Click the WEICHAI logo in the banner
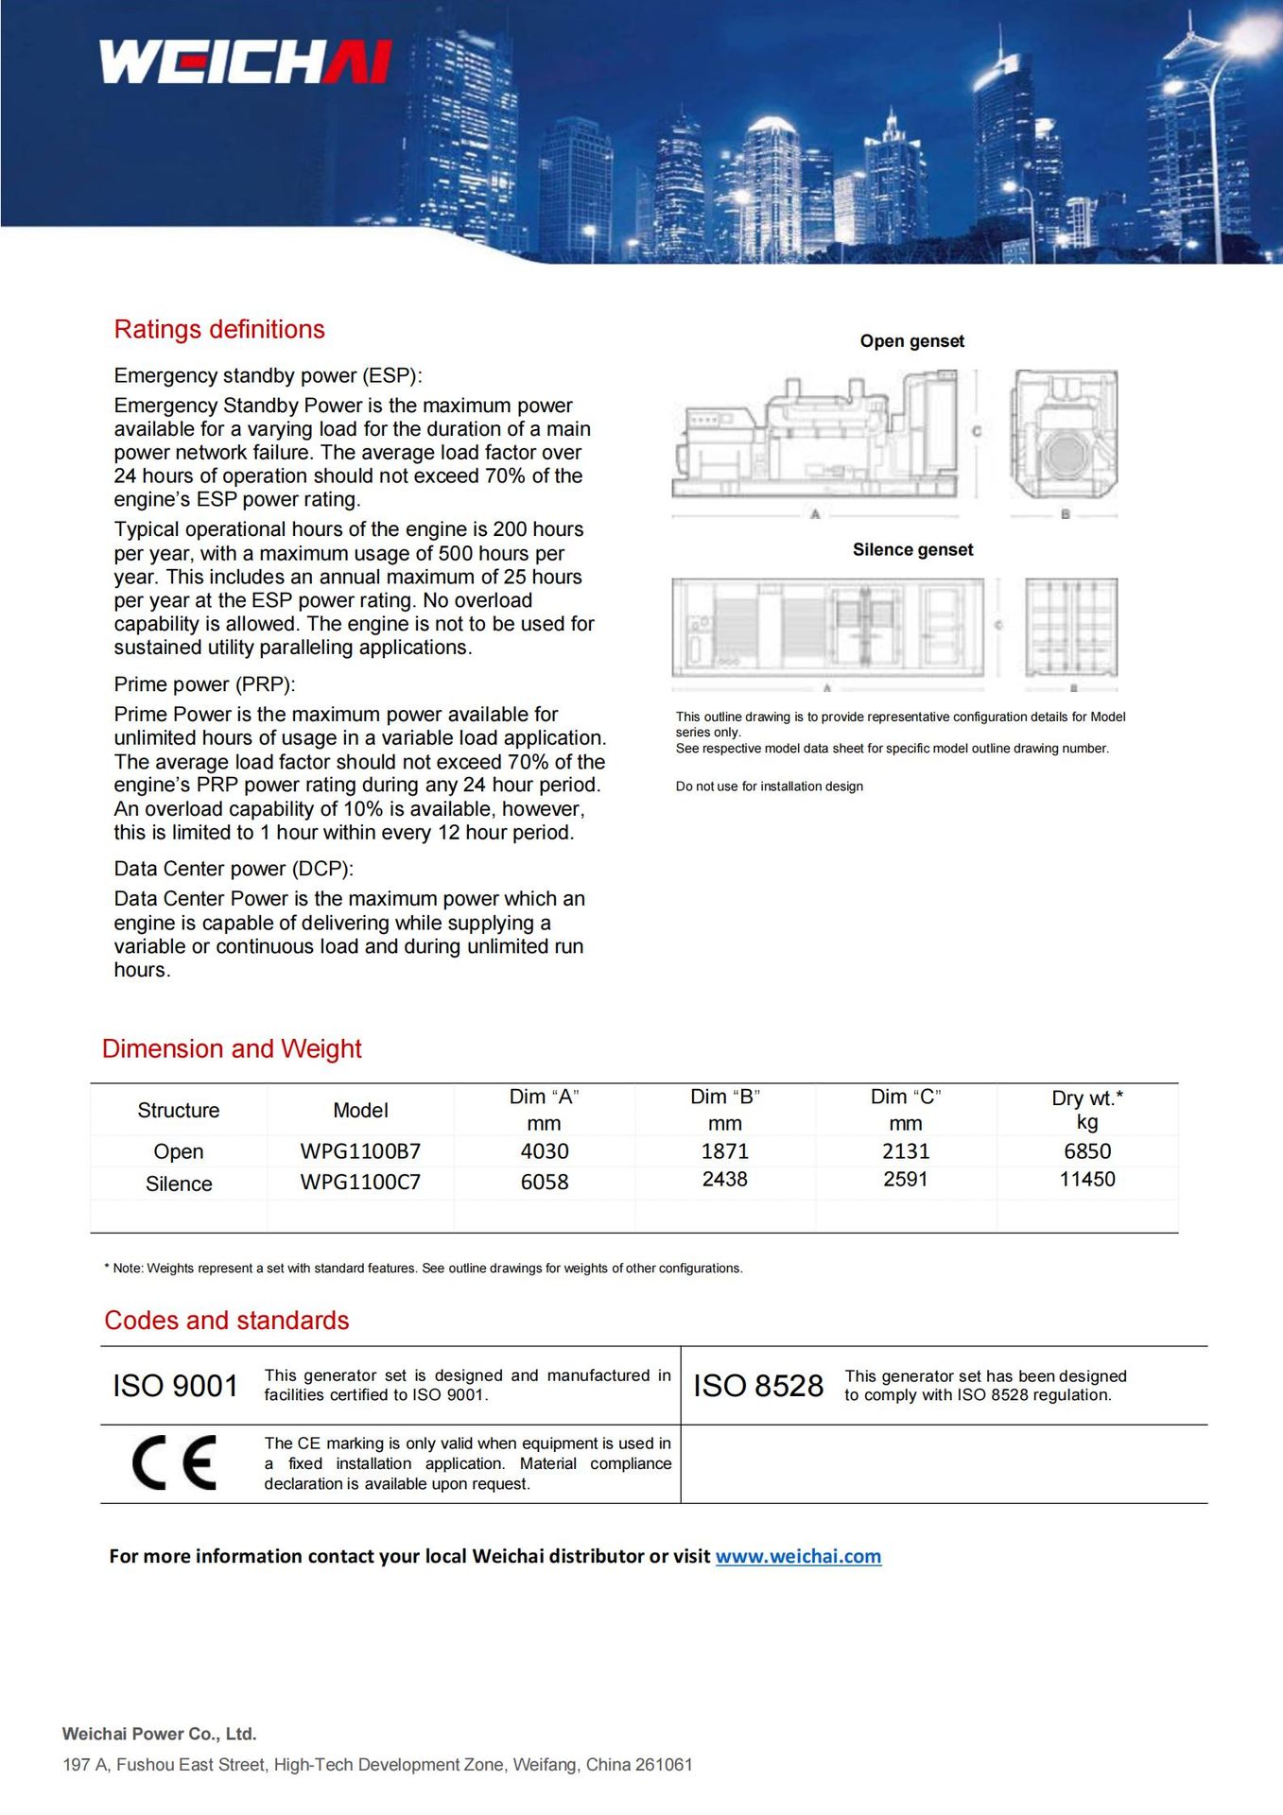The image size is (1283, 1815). point(245,61)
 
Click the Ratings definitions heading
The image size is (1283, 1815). point(219,329)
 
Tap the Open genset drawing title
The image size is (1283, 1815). point(911,341)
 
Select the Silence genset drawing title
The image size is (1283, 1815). point(912,550)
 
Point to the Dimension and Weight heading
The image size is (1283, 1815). point(232,1048)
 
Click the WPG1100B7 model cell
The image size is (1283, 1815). point(360,1151)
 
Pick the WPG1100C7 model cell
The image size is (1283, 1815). point(360,1182)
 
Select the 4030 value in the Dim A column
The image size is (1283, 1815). point(545,1151)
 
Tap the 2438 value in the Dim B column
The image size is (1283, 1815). point(724,1179)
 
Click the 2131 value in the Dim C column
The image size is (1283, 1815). point(905,1151)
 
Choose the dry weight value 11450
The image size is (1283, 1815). point(1087,1179)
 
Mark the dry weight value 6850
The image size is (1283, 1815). point(1087,1151)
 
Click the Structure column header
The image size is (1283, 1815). point(178,1110)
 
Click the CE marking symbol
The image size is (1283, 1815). point(174,1462)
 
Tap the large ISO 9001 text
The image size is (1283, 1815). point(176,1386)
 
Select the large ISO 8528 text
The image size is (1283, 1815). point(758,1386)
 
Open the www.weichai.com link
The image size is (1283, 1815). point(798,1556)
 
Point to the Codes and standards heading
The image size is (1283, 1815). point(227,1320)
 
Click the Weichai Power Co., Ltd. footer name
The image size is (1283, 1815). point(160,1734)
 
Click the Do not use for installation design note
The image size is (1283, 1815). point(769,786)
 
